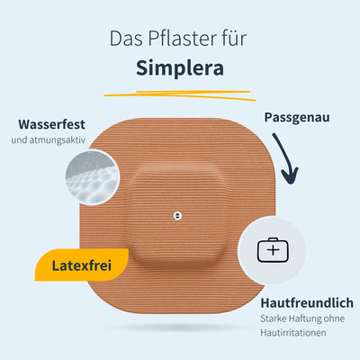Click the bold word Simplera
coord(180,68)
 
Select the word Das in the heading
coord(126,39)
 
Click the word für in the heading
coord(235,39)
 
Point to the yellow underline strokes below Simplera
coord(180,95)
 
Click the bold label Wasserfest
coord(51,124)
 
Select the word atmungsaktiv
coord(58,140)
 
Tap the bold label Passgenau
coord(297,117)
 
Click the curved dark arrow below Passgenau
coord(284,158)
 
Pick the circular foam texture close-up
coord(93,177)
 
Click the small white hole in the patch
coord(177,216)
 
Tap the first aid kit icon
coord(273,249)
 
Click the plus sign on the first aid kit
coord(273,250)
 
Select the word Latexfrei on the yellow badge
coord(82,265)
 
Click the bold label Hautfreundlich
coord(307,303)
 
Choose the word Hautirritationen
coord(293,333)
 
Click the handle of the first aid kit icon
coord(273,239)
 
